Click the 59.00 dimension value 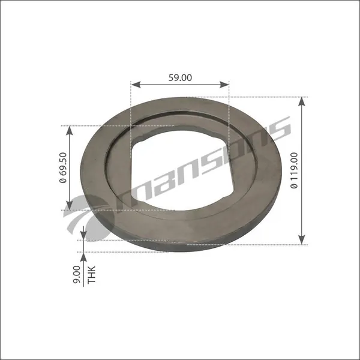coord(180,77)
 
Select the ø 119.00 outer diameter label coord(294,170)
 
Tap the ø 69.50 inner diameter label coord(63,167)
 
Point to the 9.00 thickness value coord(77,274)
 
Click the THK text coord(91,274)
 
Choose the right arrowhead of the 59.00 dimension coord(224,85)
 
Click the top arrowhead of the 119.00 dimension coord(302,102)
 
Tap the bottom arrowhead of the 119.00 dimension coord(302,240)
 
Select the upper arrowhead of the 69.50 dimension coord(70,130)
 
